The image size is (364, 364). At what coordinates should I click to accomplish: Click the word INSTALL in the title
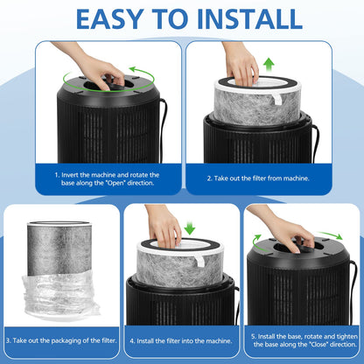click(249, 19)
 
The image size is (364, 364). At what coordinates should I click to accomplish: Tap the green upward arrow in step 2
click(269, 65)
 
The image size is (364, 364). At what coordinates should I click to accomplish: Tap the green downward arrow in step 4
click(190, 227)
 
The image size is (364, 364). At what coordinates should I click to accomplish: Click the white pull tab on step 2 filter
click(277, 99)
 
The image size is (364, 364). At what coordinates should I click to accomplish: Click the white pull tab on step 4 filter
click(200, 260)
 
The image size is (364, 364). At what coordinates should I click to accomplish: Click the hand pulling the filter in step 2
click(241, 64)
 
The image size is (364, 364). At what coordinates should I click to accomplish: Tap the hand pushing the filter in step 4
click(164, 226)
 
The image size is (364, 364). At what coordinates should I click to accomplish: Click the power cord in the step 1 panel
click(163, 129)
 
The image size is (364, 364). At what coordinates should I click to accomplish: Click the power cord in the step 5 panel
click(353, 291)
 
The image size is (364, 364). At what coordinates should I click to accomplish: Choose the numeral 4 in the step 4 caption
click(132, 341)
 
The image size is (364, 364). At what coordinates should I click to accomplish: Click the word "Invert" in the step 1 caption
click(70, 175)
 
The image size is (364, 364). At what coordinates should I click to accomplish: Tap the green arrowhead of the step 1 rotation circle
click(133, 70)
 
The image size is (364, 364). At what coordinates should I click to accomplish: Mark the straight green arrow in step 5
click(330, 235)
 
